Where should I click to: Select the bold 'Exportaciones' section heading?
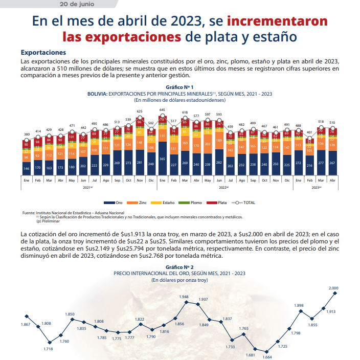[x=43, y=53]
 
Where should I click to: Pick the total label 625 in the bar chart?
[x=140, y=111]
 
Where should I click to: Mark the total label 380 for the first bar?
[x=26, y=134]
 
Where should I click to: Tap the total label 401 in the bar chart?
[x=309, y=132]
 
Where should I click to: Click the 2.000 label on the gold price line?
[x=333, y=288]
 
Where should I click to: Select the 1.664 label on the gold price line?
[x=266, y=357]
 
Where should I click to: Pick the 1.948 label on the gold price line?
[x=184, y=297]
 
